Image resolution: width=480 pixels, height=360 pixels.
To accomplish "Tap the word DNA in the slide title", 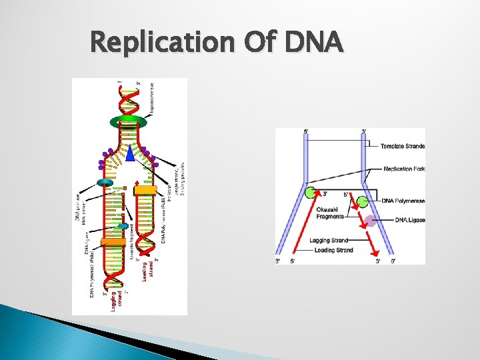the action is (x=313, y=43).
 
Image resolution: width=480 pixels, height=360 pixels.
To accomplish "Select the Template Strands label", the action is (x=402, y=146).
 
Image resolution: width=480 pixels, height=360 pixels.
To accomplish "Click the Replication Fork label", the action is (x=404, y=169).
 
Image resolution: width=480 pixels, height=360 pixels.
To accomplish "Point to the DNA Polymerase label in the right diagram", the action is (x=403, y=201).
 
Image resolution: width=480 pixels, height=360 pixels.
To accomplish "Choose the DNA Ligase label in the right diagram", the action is (x=409, y=220).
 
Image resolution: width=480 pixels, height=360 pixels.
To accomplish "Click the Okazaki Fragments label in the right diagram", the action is (x=330, y=213).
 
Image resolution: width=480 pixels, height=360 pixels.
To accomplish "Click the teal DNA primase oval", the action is (x=105, y=183).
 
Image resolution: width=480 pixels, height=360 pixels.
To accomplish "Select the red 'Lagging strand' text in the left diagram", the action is (x=116, y=297).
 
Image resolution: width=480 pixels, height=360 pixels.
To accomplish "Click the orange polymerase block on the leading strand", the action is (x=145, y=190).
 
